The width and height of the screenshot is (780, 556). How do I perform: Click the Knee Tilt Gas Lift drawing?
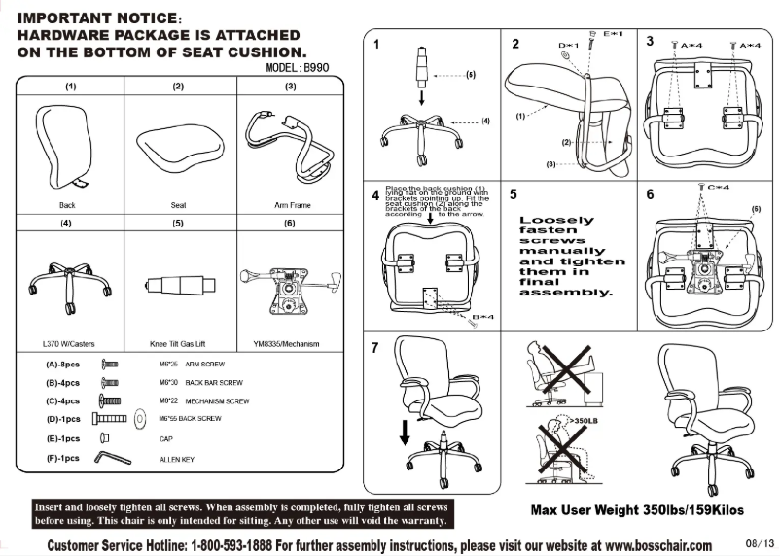pyautogui.click(x=178, y=288)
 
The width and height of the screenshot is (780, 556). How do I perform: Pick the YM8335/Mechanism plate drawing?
pyautogui.click(x=288, y=288)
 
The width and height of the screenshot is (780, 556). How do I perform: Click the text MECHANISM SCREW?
pyautogui.click(x=217, y=400)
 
